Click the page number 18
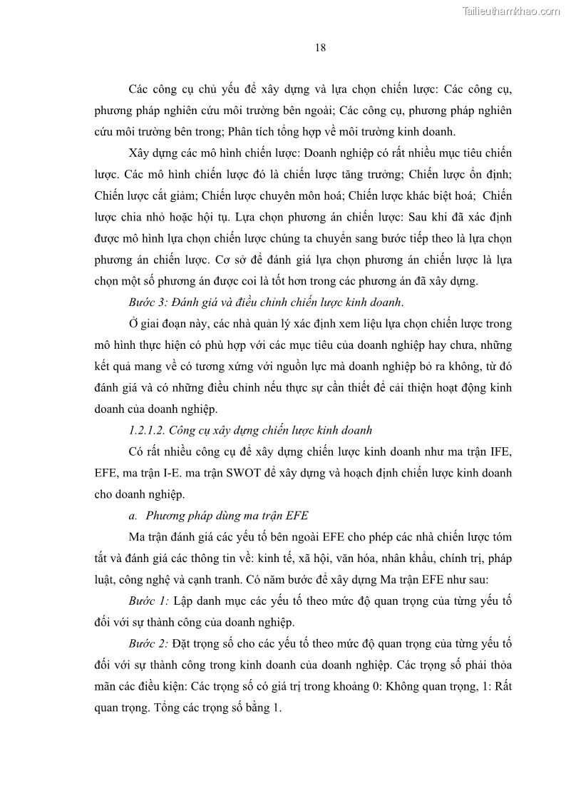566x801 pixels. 320,49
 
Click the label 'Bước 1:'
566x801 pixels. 148,601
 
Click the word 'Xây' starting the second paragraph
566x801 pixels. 140,153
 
